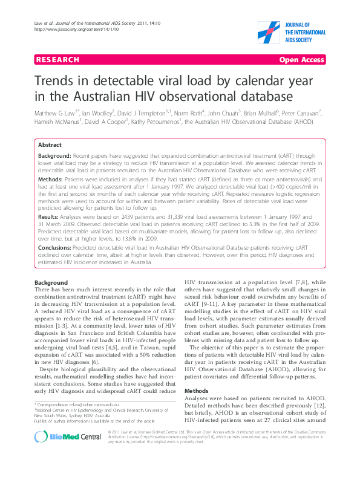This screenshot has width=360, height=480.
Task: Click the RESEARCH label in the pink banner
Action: pos(58,60)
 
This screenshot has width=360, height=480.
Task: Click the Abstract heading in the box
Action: pos(49,146)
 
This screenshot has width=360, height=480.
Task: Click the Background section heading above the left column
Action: pos(51,283)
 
